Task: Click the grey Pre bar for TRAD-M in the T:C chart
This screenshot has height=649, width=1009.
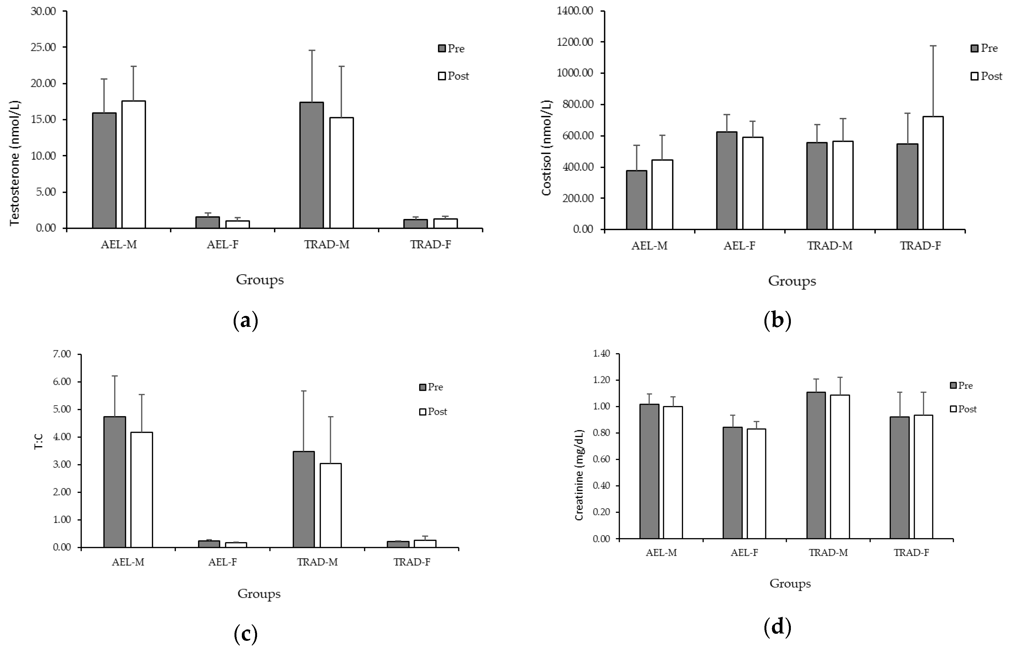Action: (x=304, y=499)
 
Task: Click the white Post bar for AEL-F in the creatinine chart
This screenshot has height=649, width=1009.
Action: (x=757, y=483)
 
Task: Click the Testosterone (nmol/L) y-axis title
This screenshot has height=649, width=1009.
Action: (x=15, y=162)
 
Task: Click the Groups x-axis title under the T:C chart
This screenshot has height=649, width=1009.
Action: (x=259, y=594)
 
